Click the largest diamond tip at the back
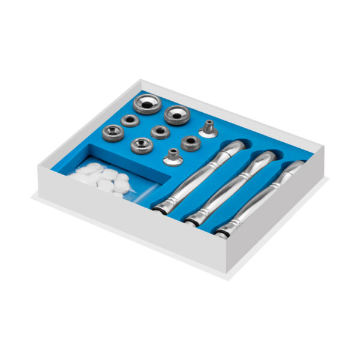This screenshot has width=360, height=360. tap(147, 104)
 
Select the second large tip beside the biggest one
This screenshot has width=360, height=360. tap(177, 114)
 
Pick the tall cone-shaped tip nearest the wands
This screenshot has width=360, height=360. tap(208, 129)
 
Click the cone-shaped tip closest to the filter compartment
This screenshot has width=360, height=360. tap(172, 157)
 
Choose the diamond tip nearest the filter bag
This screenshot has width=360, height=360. tap(142, 145)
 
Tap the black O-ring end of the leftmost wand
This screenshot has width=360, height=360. tap(161, 208)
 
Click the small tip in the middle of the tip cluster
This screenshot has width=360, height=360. tap(160, 132)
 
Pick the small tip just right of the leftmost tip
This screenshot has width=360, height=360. tap(130, 121)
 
